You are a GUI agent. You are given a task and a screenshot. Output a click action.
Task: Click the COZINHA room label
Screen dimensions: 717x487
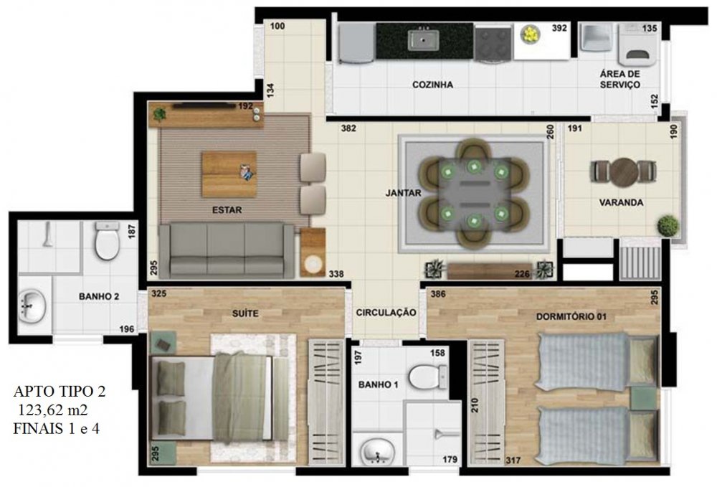click(432, 85)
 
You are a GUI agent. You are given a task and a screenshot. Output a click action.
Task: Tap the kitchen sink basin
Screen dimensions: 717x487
click(423, 39)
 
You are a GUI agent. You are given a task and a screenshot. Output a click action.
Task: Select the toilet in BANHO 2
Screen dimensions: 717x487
click(108, 240)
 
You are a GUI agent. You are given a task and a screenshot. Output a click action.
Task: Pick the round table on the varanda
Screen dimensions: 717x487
click(624, 172)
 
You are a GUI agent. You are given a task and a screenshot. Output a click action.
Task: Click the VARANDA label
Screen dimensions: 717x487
click(621, 202)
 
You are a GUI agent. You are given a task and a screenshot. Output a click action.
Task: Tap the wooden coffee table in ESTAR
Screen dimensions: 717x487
click(229, 174)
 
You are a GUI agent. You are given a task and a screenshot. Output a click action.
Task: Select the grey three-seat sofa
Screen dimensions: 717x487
click(227, 250)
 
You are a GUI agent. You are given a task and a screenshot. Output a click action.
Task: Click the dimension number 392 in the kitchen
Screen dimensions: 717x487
click(559, 29)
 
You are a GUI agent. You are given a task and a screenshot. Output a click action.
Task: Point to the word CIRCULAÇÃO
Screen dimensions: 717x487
click(386, 312)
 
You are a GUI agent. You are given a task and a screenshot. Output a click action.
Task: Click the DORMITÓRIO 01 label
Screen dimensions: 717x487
click(571, 316)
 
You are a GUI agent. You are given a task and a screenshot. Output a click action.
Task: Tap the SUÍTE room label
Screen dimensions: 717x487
click(245, 313)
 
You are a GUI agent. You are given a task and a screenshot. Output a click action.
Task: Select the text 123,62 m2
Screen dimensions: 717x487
click(52, 410)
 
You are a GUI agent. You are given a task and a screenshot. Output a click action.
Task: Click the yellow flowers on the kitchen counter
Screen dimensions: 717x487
click(531, 34)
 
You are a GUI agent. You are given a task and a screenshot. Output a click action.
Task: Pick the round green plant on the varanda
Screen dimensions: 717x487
click(668, 226)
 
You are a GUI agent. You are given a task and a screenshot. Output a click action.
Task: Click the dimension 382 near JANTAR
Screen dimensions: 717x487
click(348, 128)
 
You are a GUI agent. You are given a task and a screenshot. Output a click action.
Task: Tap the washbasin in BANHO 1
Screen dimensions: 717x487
click(377, 451)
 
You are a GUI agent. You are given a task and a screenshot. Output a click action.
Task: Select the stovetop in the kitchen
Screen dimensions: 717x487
click(493, 42)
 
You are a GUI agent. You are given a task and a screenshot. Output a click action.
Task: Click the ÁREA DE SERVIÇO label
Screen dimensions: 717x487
click(619, 79)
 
